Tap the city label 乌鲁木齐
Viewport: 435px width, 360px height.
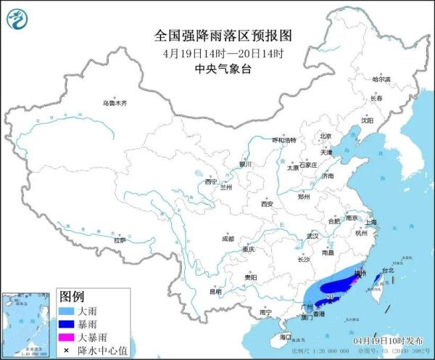tap(114, 103)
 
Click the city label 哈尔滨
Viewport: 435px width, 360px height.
tap(381, 79)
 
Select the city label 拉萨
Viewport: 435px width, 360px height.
tap(120, 240)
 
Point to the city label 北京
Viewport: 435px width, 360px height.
tap(326, 136)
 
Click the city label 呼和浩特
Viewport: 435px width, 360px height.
tap(283, 139)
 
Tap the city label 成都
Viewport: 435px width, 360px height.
tap(228, 238)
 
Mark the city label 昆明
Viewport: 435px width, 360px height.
tap(215, 292)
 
